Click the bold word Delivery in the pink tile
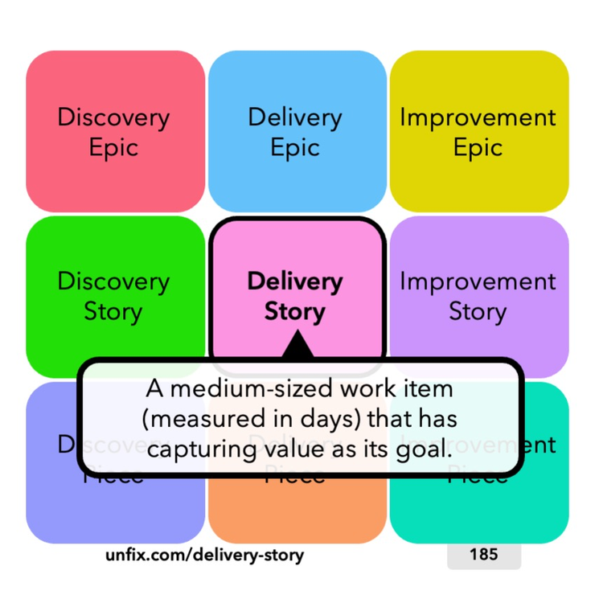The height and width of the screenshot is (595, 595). (x=295, y=281)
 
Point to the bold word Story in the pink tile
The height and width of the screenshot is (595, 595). (x=295, y=311)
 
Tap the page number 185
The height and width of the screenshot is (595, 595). (x=483, y=554)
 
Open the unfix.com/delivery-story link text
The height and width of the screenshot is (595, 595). (x=205, y=555)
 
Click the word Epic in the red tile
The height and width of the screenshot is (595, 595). (x=114, y=148)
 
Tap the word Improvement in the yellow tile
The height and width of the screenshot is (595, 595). (x=478, y=117)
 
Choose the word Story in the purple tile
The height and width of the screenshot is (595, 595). (x=478, y=311)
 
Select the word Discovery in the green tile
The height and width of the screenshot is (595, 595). (x=114, y=281)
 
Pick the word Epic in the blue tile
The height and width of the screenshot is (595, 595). (x=295, y=148)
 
